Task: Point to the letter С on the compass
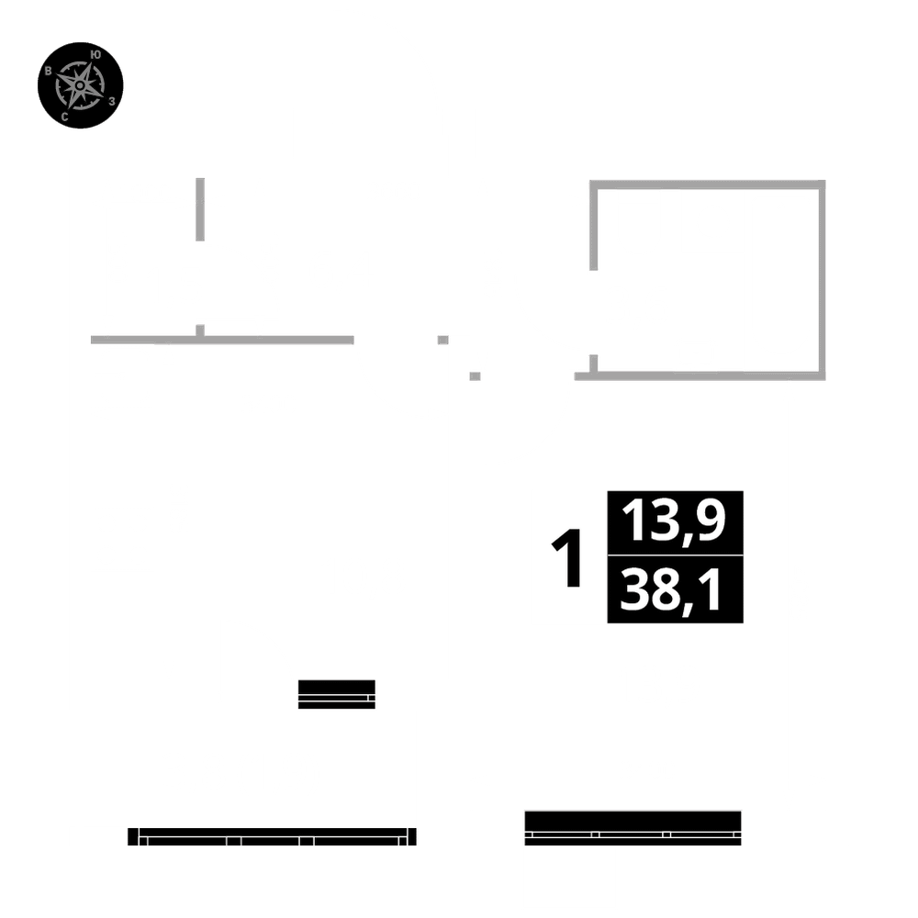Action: click(x=64, y=117)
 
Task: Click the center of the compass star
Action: click(x=81, y=85)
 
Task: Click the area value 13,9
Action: click(x=675, y=521)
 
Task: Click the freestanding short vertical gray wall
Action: click(x=200, y=209)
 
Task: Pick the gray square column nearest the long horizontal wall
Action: click(x=443, y=340)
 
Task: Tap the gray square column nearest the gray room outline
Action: click(x=475, y=375)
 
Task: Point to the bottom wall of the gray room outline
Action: click(x=707, y=375)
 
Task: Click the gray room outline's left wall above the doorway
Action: click(x=593, y=225)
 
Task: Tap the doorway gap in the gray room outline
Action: click(x=593, y=312)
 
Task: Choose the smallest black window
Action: click(x=337, y=694)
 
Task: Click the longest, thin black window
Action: click(x=272, y=836)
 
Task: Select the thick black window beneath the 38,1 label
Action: click(x=633, y=826)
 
